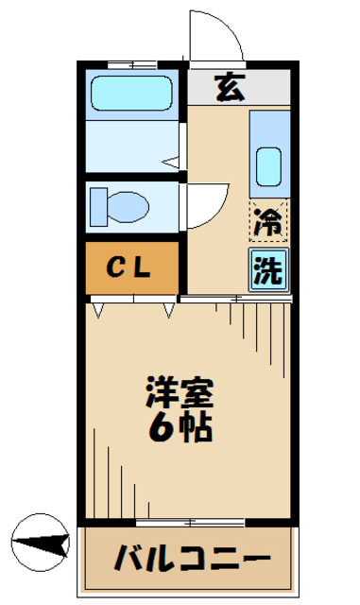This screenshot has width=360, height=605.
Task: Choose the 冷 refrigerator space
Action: click(x=269, y=224)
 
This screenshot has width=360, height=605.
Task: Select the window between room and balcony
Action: click(x=189, y=521)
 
